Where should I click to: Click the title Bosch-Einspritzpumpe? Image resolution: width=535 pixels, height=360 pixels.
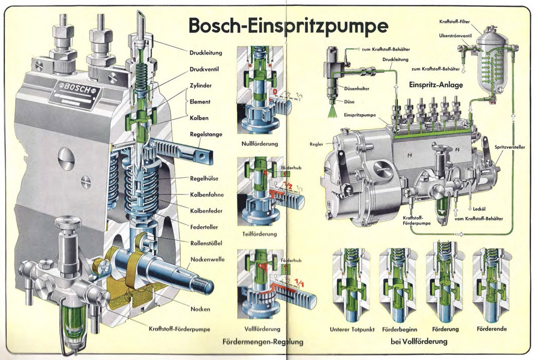click(288, 24)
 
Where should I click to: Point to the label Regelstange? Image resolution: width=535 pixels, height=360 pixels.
click(206, 135)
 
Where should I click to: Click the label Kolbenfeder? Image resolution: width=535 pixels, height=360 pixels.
click(206, 210)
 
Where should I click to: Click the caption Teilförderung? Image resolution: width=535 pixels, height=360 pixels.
click(260, 234)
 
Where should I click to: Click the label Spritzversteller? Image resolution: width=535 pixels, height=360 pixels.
click(509, 147)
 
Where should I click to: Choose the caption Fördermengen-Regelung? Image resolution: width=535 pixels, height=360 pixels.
click(263, 341)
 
